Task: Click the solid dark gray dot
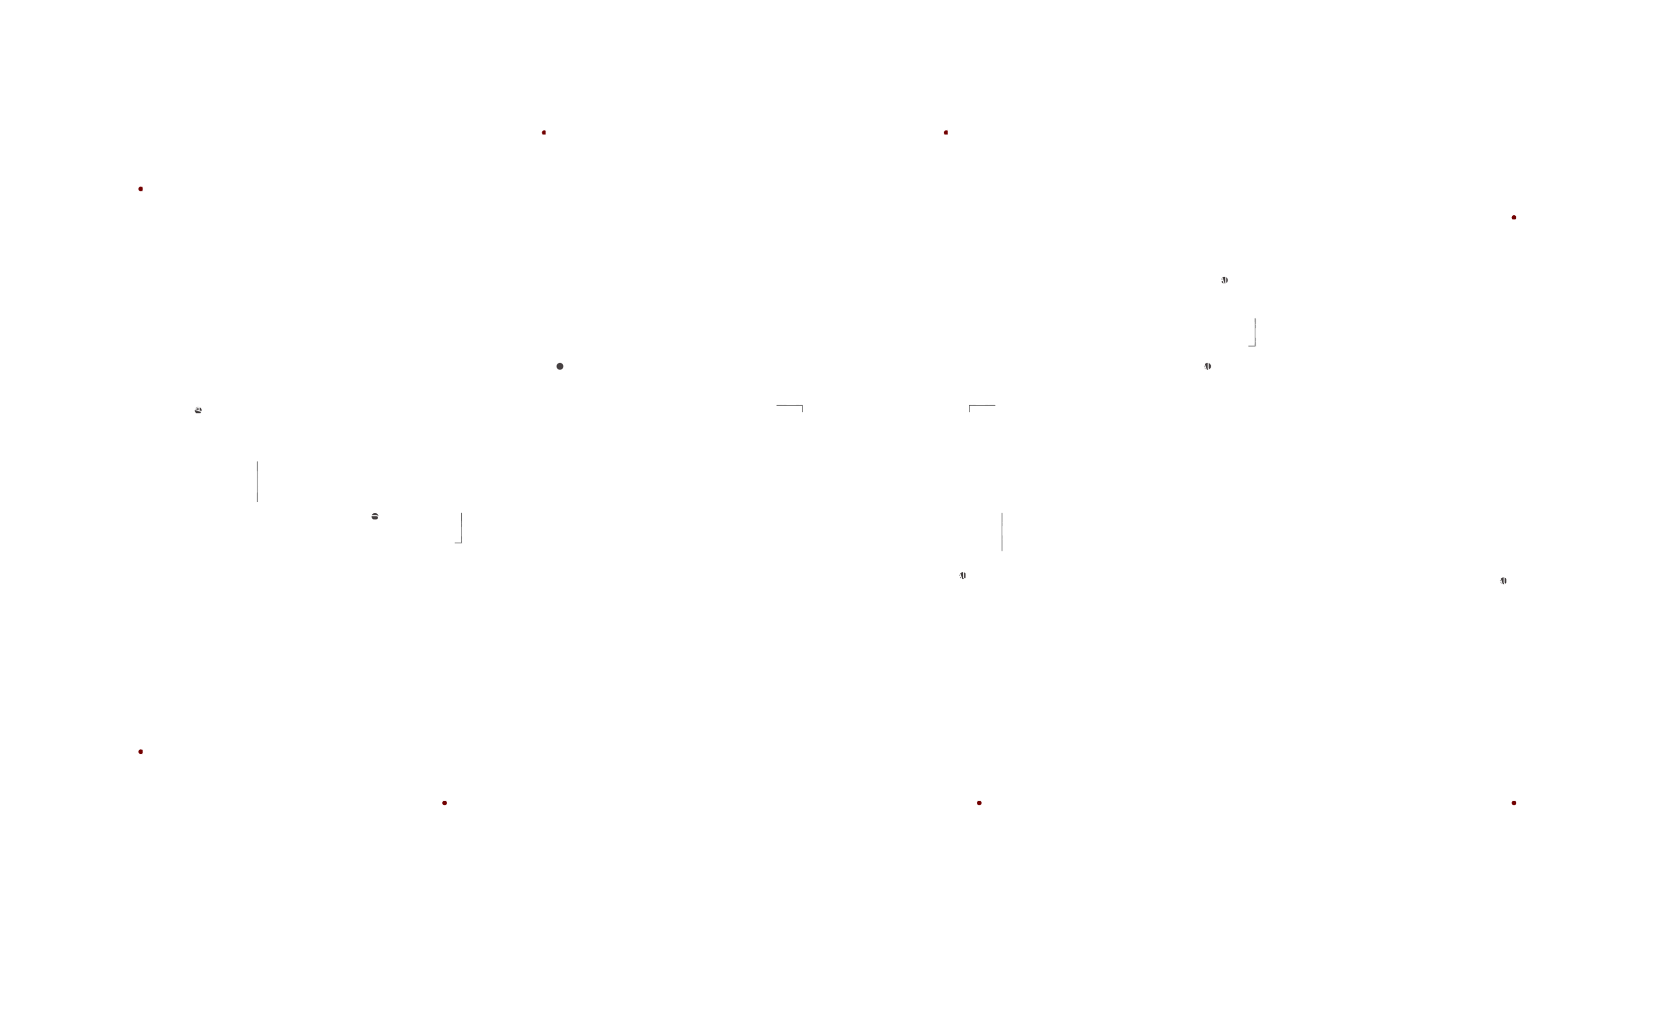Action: click(x=560, y=367)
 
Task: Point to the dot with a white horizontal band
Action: click(x=375, y=516)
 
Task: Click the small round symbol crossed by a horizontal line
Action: click(x=198, y=410)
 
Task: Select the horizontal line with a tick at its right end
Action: click(x=790, y=406)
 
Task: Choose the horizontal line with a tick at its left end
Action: click(x=981, y=406)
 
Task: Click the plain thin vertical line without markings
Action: click(x=1002, y=531)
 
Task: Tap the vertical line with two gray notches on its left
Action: click(x=257, y=482)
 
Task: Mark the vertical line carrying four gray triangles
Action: click(x=1255, y=332)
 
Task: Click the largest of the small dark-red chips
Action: click(x=445, y=808)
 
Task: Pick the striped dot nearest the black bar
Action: click(x=1504, y=581)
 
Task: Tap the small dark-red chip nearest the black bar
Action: click(x=1515, y=806)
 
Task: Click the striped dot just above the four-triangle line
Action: click(x=1224, y=280)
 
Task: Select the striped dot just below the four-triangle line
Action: click(x=1207, y=367)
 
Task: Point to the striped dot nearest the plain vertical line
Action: click(x=962, y=575)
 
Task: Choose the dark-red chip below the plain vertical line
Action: click(x=981, y=805)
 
